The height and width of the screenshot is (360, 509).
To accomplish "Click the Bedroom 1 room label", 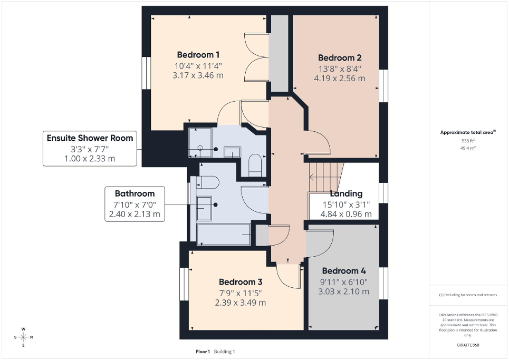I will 198,55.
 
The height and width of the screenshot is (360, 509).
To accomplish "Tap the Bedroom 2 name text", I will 339,58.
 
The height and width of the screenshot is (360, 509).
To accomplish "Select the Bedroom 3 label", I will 240,281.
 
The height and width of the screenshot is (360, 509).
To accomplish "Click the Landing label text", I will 346,193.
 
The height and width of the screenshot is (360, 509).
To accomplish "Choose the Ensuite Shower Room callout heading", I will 90,138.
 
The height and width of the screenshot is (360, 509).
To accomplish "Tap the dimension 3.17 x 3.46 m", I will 198,75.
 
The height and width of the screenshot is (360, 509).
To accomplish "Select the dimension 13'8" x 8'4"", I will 339,69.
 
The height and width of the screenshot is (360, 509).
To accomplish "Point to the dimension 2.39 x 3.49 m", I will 240,303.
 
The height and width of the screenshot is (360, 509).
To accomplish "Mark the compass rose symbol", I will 23,337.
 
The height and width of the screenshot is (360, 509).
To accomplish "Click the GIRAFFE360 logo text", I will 468,345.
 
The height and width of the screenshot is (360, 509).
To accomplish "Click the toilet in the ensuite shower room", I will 255,164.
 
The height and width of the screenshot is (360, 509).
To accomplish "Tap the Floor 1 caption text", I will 203,352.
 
